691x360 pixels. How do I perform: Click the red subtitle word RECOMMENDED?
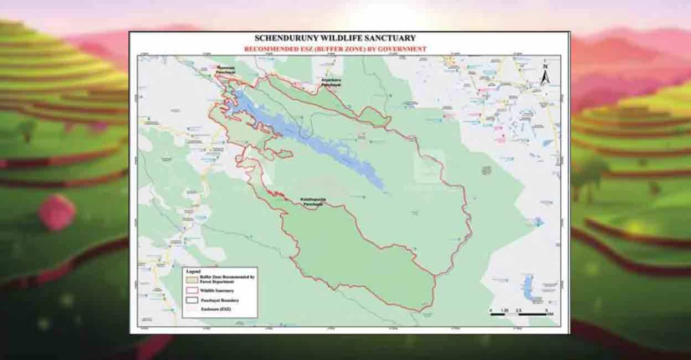(x=271, y=49)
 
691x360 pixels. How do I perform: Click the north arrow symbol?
(x=545, y=78)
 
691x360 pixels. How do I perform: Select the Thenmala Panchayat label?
(x=223, y=70)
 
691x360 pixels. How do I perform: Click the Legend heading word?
(x=193, y=272)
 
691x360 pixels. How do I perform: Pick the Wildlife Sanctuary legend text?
(x=216, y=290)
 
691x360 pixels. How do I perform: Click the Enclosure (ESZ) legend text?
(x=215, y=308)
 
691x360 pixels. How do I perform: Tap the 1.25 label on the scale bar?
(x=504, y=310)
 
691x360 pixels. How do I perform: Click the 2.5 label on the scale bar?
(x=519, y=310)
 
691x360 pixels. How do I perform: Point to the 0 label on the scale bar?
(x=491, y=310)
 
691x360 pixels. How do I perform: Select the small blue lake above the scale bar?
(x=528, y=288)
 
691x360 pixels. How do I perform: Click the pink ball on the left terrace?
(x=56, y=212)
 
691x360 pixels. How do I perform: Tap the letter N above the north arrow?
(x=545, y=67)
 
